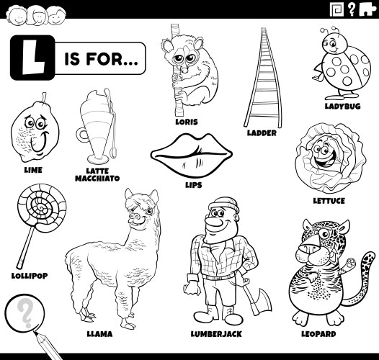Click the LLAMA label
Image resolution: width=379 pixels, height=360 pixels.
coord(100,334)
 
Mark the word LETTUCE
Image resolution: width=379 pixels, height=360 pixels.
coord(329,200)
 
